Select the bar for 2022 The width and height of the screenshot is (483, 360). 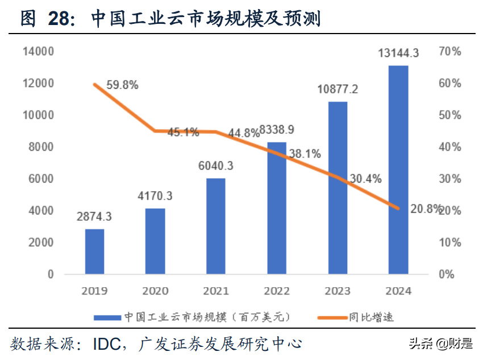tap(277, 208)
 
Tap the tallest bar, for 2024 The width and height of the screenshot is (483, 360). tap(398, 169)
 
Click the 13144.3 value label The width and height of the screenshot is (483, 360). tap(399, 54)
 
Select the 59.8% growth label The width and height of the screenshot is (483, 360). tap(122, 85)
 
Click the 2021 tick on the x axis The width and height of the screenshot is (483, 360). tap(216, 291)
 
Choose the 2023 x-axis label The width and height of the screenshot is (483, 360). tap(338, 291)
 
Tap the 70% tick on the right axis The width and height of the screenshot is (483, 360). tap(449, 52)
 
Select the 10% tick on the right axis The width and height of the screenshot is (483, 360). tap(449, 242)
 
